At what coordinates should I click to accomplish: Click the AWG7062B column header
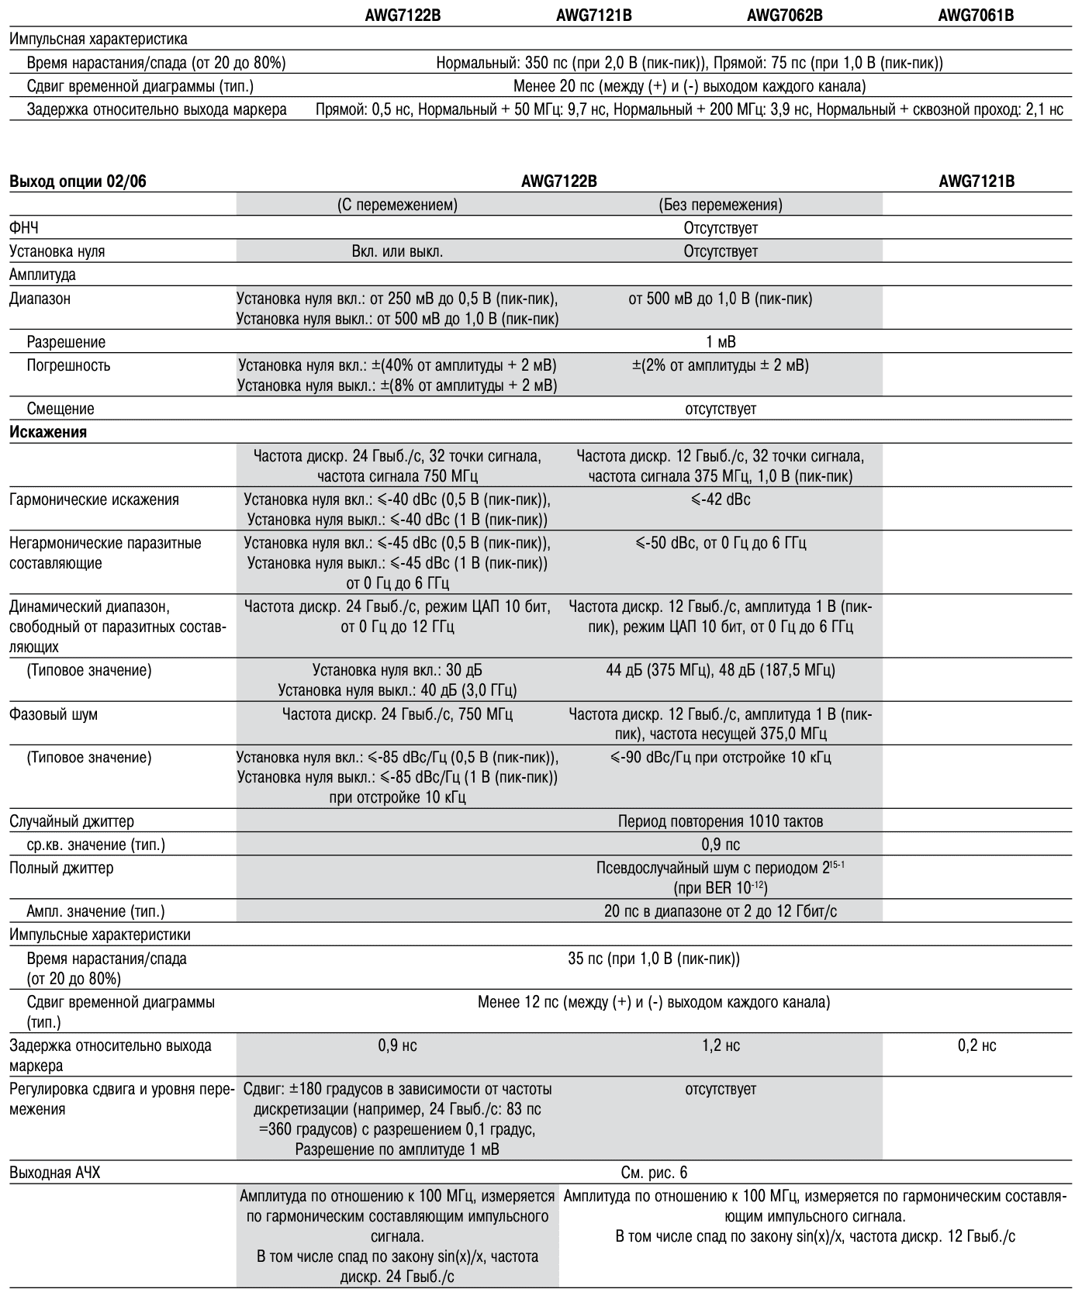pos(784,15)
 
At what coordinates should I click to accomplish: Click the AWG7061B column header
pos(976,15)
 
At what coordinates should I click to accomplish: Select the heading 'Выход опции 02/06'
pos(78,182)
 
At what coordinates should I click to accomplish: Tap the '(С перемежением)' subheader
pos(397,206)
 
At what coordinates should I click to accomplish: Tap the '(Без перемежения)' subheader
pos(721,206)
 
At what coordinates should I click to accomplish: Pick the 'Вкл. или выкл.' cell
pos(397,251)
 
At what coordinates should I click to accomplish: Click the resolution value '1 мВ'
pos(721,342)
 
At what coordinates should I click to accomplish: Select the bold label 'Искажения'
pos(48,433)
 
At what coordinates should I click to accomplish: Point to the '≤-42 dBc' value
pos(721,499)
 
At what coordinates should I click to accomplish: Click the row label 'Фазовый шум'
pos(54,714)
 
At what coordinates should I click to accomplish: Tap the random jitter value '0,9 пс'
pos(721,845)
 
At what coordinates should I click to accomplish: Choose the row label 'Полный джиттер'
pos(61,868)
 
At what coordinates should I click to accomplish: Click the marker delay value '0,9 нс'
pos(397,1045)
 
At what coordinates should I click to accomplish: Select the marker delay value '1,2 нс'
pos(721,1045)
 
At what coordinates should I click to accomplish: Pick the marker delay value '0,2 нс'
pos(976,1045)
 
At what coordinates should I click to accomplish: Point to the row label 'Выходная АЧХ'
pos(54,1173)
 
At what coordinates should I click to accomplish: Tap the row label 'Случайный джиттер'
pos(71,821)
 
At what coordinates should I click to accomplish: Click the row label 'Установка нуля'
pos(57,251)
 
